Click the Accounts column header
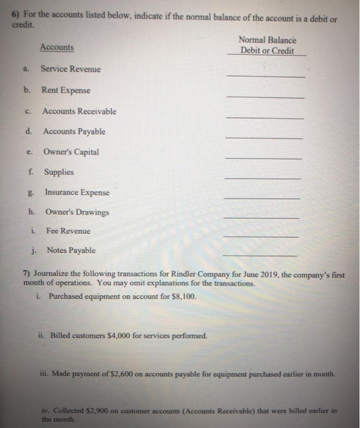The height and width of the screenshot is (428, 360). click(x=57, y=47)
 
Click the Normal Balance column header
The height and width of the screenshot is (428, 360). click(x=266, y=45)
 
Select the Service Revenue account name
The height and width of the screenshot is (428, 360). click(x=71, y=68)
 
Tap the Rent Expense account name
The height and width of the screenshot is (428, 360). click(x=65, y=90)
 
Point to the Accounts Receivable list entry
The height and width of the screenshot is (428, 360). click(x=79, y=111)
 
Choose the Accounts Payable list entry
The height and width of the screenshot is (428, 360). click(x=74, y=131)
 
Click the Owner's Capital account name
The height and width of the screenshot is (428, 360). click(x=71, y=152)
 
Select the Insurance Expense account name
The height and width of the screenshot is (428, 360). click(x=77, y=193)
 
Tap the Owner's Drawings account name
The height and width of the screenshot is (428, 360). click(x=77, y=212)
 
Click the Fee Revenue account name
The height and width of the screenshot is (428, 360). click(x=68, y=231)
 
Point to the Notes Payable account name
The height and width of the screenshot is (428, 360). click(x=71, y=250)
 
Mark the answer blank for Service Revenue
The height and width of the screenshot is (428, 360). click(x=265, y=76)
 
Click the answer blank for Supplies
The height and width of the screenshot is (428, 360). click(x=262, y=177)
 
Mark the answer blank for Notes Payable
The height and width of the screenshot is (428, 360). click(x=260, y=255)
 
